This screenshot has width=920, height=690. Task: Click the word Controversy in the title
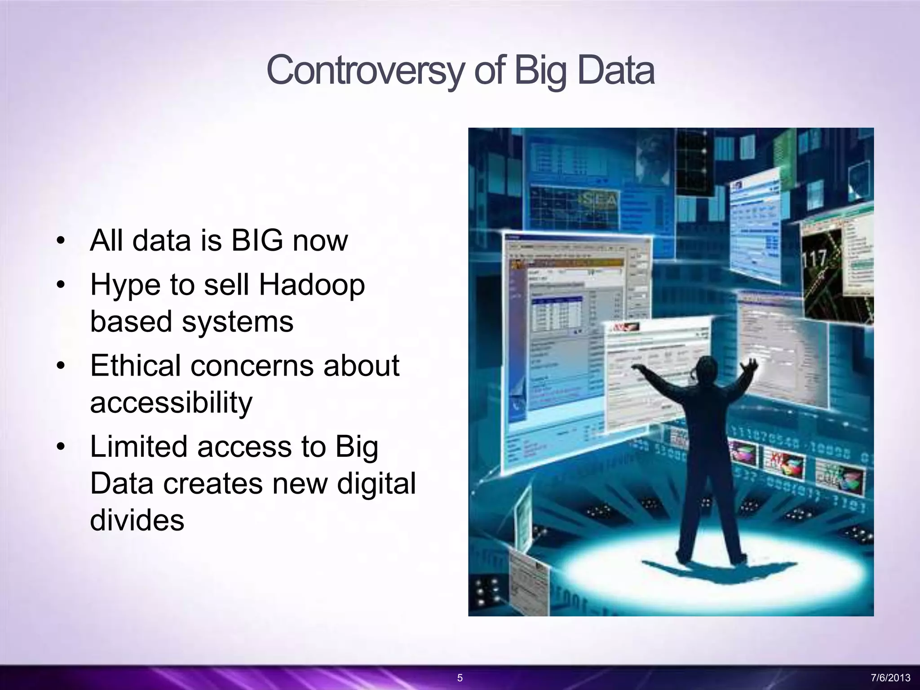[364, 71]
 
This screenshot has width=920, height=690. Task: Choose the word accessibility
[171, 402]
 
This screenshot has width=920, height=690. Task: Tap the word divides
[137, 520]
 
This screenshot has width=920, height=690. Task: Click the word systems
[237, 322]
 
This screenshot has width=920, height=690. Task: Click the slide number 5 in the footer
[460, 678]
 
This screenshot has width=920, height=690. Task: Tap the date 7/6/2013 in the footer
[890, 678]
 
